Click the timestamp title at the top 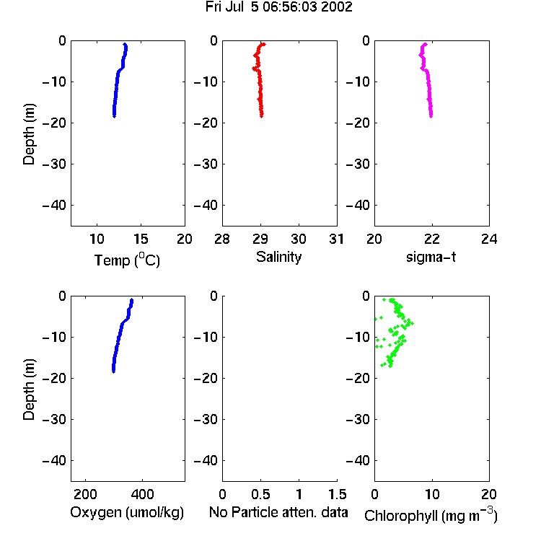tap(278, 7)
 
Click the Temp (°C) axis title tap(127, 260)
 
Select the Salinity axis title tap(278, 257)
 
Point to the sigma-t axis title tap(431, 257)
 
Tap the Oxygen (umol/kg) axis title tap(127, 513)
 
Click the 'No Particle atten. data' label tap(278, 512)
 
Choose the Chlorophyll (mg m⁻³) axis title tap(431, 516)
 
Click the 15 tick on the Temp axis tap(141, 239)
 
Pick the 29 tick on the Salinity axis tap(260, 239)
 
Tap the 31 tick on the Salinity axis tap(336, 239)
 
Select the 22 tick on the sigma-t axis tap(431, 239)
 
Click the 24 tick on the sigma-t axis tap(489, 239)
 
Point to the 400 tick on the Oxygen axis tap(143, 494)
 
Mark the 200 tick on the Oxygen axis tap(85, 494)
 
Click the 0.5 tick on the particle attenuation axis tap(260, 494)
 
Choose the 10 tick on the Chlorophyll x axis tap(431, 494)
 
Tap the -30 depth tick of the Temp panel tap(54, 164)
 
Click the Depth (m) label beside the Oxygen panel tap(29, 390)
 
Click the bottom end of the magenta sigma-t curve tap(431, 116)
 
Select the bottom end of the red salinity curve tap(262, 116)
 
